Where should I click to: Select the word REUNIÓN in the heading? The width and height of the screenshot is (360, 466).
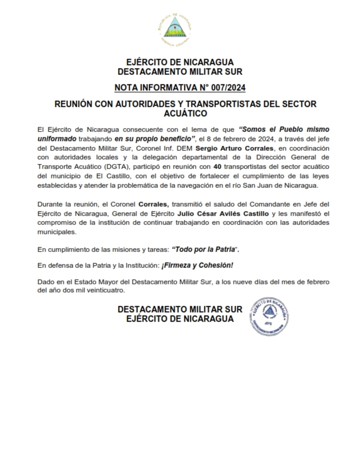click(72, 105)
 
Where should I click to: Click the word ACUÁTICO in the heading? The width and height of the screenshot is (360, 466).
click(180, 113)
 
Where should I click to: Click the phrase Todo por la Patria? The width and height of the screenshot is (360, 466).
click(204, 249)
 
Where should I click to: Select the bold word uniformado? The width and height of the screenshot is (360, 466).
click(57, 139)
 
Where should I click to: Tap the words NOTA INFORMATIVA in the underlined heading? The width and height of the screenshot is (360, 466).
click(157, 88)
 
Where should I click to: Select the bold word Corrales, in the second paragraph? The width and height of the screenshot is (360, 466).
click(154, 204)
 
